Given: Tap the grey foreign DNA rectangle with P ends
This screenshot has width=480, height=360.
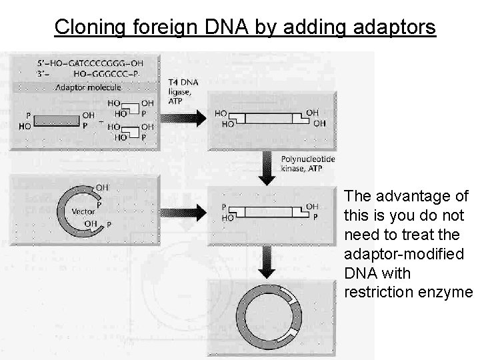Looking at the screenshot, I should click(x=57, y=120).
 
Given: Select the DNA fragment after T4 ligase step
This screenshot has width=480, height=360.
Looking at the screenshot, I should click(x=269, y=118).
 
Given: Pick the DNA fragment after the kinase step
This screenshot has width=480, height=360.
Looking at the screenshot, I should click(x=269, y=212).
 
